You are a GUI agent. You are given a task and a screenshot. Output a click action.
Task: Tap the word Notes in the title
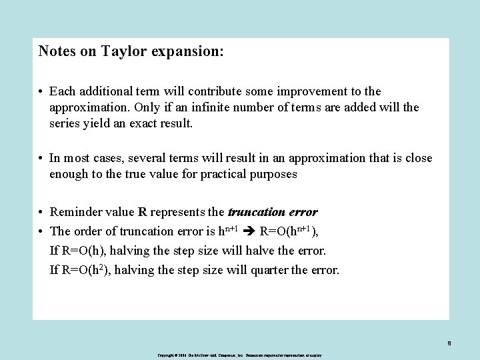(56, 51)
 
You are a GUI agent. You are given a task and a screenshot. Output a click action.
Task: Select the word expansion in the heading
(187, 51)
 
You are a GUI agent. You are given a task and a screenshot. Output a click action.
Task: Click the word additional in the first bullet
(103, 91)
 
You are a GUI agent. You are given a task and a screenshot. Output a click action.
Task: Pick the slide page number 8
(449, 344)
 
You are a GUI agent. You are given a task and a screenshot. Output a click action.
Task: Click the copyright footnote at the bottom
(240, 356)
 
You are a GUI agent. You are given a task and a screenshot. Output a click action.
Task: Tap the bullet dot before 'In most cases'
(41, 159)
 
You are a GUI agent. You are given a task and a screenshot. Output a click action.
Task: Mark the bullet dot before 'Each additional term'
(41, 91)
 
